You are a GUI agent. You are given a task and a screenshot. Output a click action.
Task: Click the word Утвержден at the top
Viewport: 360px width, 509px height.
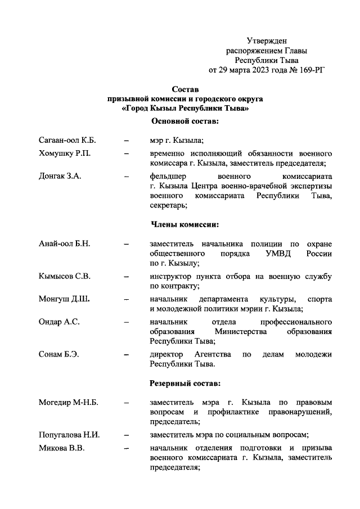267,40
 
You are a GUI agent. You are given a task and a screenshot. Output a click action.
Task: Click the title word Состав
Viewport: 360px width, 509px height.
185,89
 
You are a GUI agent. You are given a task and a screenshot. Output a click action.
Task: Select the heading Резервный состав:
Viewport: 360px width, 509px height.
185,384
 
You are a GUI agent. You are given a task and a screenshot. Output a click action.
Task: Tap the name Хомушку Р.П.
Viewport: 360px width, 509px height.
62,153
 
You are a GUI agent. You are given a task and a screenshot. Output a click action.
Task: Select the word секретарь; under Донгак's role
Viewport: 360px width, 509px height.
168,206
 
